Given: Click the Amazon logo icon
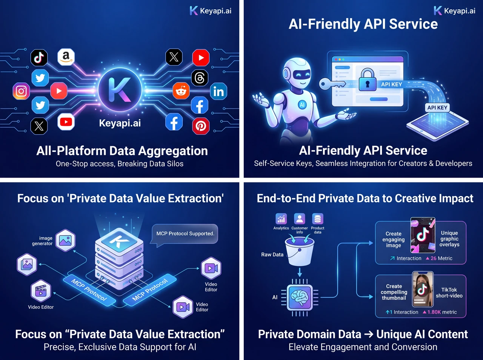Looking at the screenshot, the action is tap(66, 57).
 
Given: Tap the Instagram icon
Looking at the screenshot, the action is tap(21, 91).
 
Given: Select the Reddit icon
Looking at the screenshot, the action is tap(181, 91).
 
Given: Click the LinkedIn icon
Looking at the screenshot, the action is tap(218, 92).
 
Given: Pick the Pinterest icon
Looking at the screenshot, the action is tap(201, 126).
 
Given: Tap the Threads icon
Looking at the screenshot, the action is tap(200, 78).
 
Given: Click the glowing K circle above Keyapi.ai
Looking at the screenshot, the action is tap(120, 90).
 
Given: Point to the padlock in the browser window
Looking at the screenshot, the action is tap(368, 80).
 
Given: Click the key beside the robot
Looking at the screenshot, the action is tap(332, 84).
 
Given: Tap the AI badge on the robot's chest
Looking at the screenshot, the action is tap(302, 105).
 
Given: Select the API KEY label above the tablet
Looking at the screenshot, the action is tap(437, 108).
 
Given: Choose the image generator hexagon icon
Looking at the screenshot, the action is tap(65, 240).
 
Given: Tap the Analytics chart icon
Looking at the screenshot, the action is tap(281, 219).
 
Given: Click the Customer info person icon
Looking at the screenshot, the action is tap(300, 219).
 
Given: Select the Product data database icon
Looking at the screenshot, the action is tap(317, 219).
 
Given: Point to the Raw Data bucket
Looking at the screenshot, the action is tap(300, 252).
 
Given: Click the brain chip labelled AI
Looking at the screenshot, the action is tap(300, 297).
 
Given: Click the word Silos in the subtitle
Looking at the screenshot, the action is tap(175, 164).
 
